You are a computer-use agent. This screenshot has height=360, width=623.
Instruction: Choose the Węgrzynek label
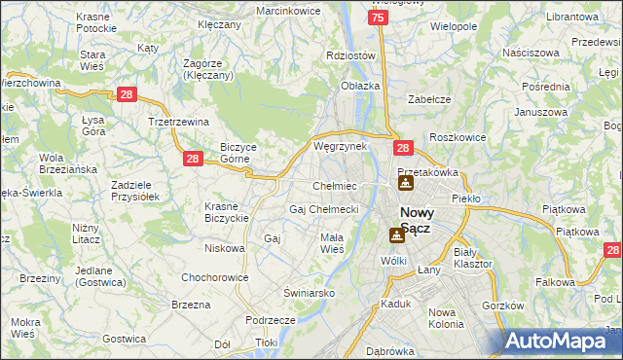(340, 146)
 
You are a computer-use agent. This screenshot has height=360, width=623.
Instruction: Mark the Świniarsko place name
(309, 292)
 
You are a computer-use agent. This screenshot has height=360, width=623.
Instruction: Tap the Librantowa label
(571, 18)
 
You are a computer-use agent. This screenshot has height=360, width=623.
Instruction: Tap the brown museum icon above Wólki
(396, 234)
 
